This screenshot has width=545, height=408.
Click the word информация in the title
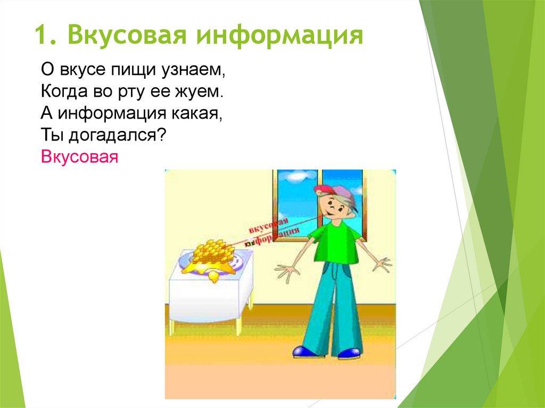279,36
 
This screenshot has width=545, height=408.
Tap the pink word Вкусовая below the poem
78,158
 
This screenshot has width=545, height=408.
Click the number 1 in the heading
43,36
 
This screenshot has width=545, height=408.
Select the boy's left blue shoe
304,351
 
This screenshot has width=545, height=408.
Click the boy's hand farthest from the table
382,263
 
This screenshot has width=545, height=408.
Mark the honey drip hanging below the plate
213,277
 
